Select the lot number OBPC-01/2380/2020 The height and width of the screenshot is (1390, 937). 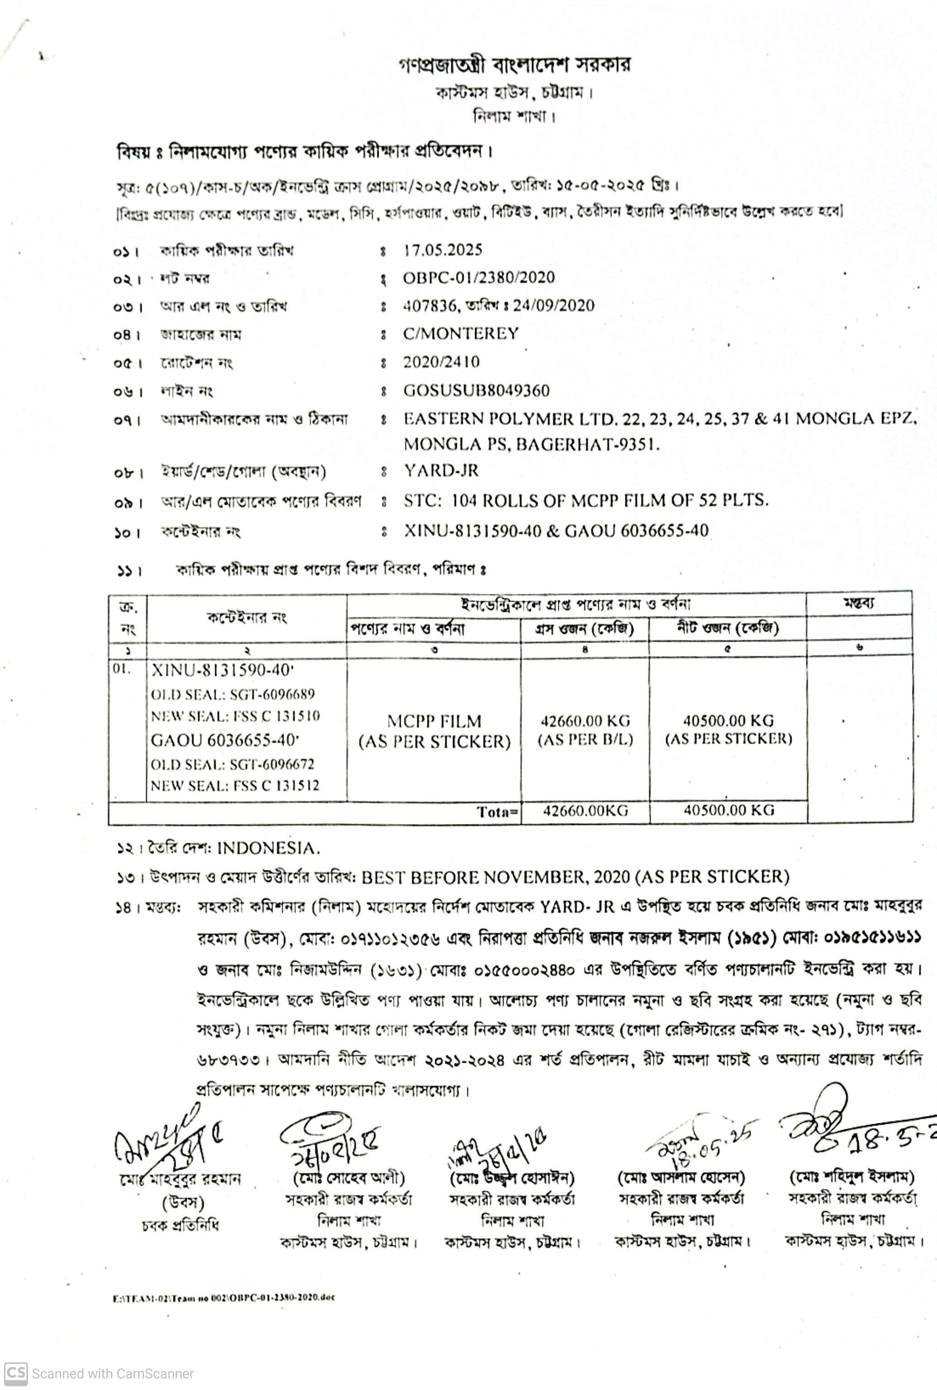479,278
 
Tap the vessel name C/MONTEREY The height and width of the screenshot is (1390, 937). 461,333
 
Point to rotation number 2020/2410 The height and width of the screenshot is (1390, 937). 441,362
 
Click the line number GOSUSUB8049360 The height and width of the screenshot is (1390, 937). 476,391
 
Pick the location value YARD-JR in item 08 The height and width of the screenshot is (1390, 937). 441,471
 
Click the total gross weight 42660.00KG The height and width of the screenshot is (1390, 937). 585,810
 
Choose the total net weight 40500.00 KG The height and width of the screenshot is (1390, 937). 728,810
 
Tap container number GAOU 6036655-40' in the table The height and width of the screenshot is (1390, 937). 225,741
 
